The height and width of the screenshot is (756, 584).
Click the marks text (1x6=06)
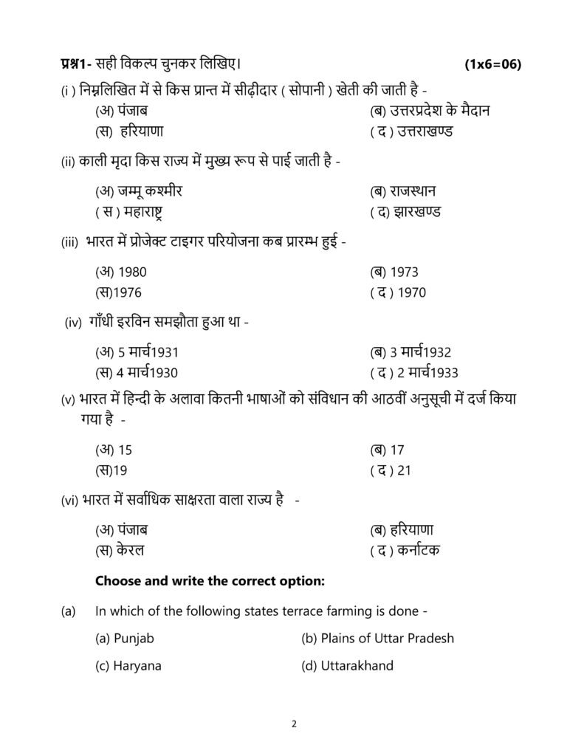[x=492, y=64]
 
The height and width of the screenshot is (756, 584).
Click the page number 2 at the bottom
[x=293, y=724]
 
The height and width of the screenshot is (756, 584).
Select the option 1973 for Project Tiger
[x=394, y=272]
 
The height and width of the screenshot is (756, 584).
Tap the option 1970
[x=398, y=292]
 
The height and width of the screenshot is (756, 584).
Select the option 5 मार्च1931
[x=137, y=352]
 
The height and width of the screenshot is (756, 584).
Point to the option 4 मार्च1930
[x=137, y=373]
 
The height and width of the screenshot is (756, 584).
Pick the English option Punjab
[x=125, y=638]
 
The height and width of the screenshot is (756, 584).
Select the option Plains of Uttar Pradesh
[x=377, y=638]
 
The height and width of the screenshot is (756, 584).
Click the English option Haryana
[x=128, y=665]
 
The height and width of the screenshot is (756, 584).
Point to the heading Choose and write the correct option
[x=210, y=581]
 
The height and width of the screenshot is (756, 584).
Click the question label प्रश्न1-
[x=76, y=64]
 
